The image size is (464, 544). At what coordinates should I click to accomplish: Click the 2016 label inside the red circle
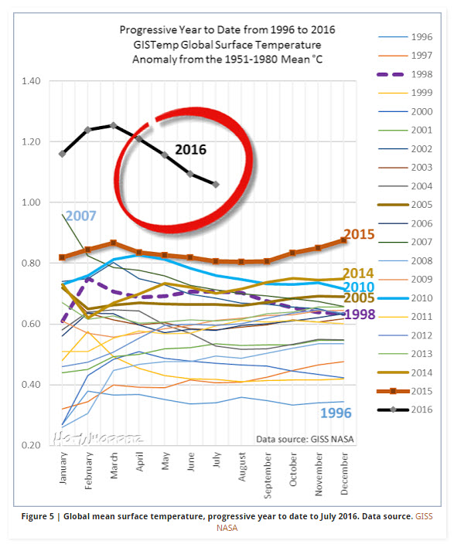190,150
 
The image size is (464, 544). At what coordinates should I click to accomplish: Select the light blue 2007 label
80,216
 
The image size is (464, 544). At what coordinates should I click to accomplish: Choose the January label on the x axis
63,469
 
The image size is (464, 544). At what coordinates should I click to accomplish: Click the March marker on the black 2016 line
113,125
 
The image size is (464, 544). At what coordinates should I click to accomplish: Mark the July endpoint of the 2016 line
215,185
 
